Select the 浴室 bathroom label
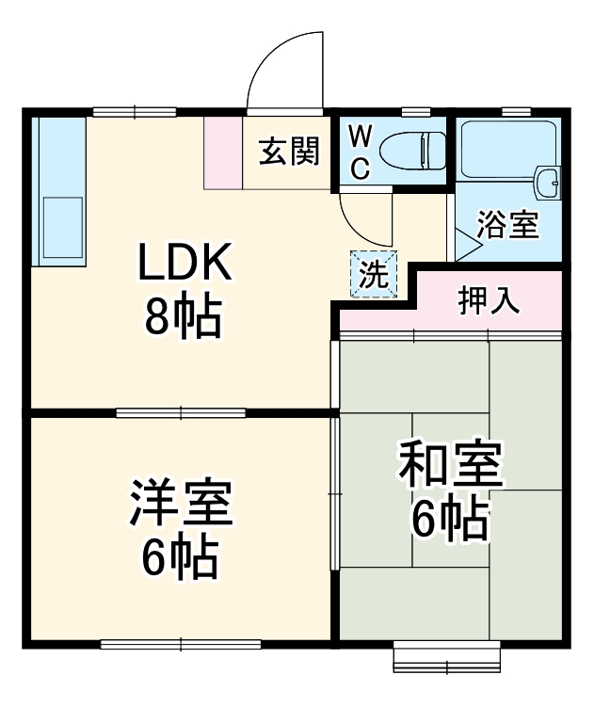507,225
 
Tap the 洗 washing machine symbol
375,274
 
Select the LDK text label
185,266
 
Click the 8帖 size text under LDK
183,319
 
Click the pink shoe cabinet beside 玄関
223,153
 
